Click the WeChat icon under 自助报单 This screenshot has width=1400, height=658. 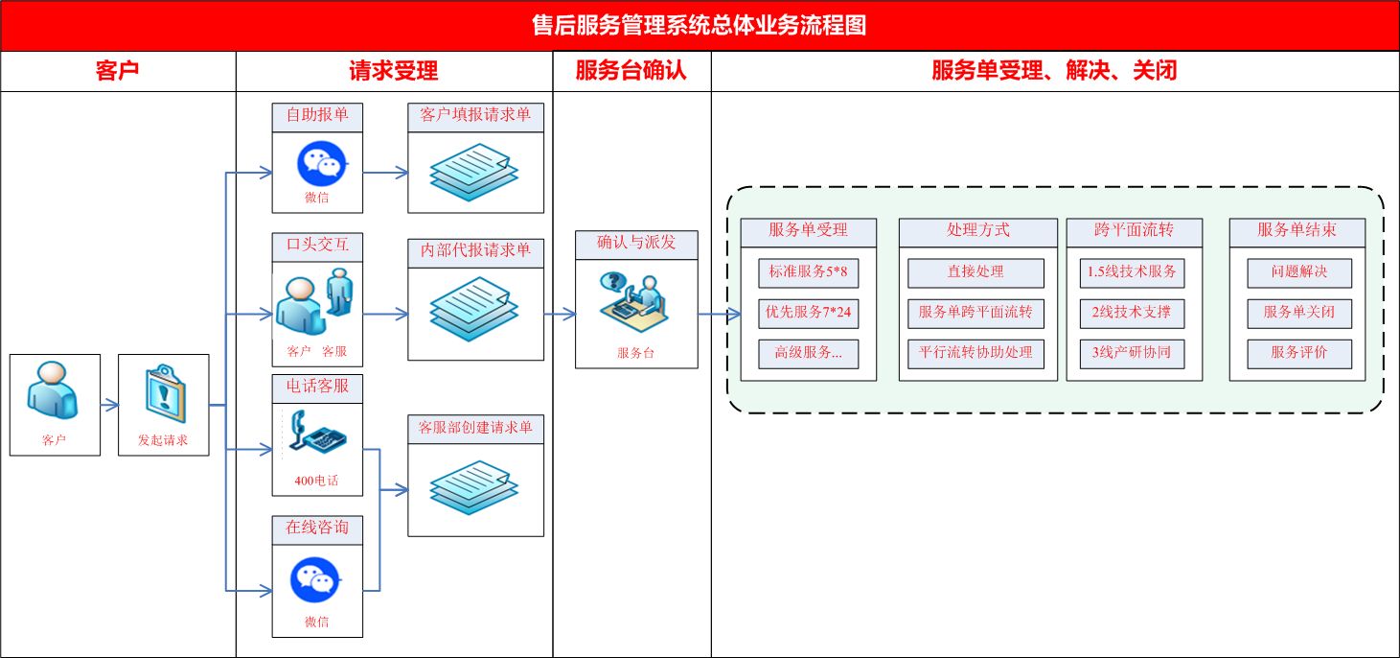click(321, 163)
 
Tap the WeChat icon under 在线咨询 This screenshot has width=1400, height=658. click(315, 579)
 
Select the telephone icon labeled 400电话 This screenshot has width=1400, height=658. click(317, 433)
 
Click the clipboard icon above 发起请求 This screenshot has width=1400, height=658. click(165, 393)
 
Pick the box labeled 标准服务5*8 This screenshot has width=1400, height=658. click(808, 272)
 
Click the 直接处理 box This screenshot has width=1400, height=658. click(975, 272)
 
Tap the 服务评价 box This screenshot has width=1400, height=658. click(1299, 354)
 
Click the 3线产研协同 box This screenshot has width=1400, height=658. click(1132, 354)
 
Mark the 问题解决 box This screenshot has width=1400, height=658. click(1299, 272)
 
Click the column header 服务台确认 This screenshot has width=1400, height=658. click(631, 71)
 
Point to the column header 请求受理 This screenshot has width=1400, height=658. click(394, 71)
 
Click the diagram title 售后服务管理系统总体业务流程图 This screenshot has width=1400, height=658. click(699, 25)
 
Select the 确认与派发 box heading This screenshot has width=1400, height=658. click(636, 244)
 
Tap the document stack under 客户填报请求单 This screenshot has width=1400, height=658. click(474, 173)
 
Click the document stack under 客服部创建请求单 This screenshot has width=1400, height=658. click(474, 488)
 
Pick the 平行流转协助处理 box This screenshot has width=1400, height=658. click(975, 354)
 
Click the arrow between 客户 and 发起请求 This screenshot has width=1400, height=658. click(109, 406)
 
